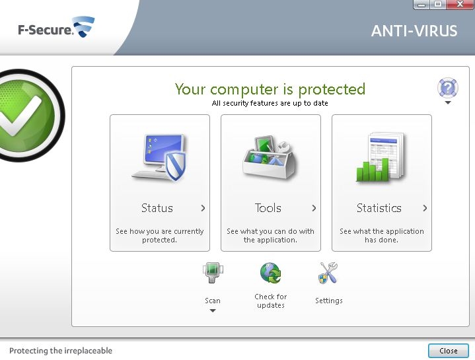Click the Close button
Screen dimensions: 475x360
[449, 351]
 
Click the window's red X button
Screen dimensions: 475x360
[460, 4]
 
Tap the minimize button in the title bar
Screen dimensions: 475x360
[421, 4]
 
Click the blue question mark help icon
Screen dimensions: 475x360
[448, 88]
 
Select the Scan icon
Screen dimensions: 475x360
[213, 273]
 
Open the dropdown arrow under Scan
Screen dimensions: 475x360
[213, 310]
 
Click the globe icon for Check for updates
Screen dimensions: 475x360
[270, 273]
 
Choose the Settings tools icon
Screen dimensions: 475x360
[328, 273]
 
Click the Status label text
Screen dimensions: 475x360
[157, 208]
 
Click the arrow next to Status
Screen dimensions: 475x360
[203, 208]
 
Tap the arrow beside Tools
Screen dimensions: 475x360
[314, 208]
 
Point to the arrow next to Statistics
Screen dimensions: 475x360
[425, 208]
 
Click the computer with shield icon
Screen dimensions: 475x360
[159, 157]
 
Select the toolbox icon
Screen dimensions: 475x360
[270, 157]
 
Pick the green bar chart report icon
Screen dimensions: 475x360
[381, 157]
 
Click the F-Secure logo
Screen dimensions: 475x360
[56, 28]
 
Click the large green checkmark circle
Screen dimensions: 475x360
[29, 116]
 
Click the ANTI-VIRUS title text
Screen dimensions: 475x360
[414, 31]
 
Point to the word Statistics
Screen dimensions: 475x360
[379, 208]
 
